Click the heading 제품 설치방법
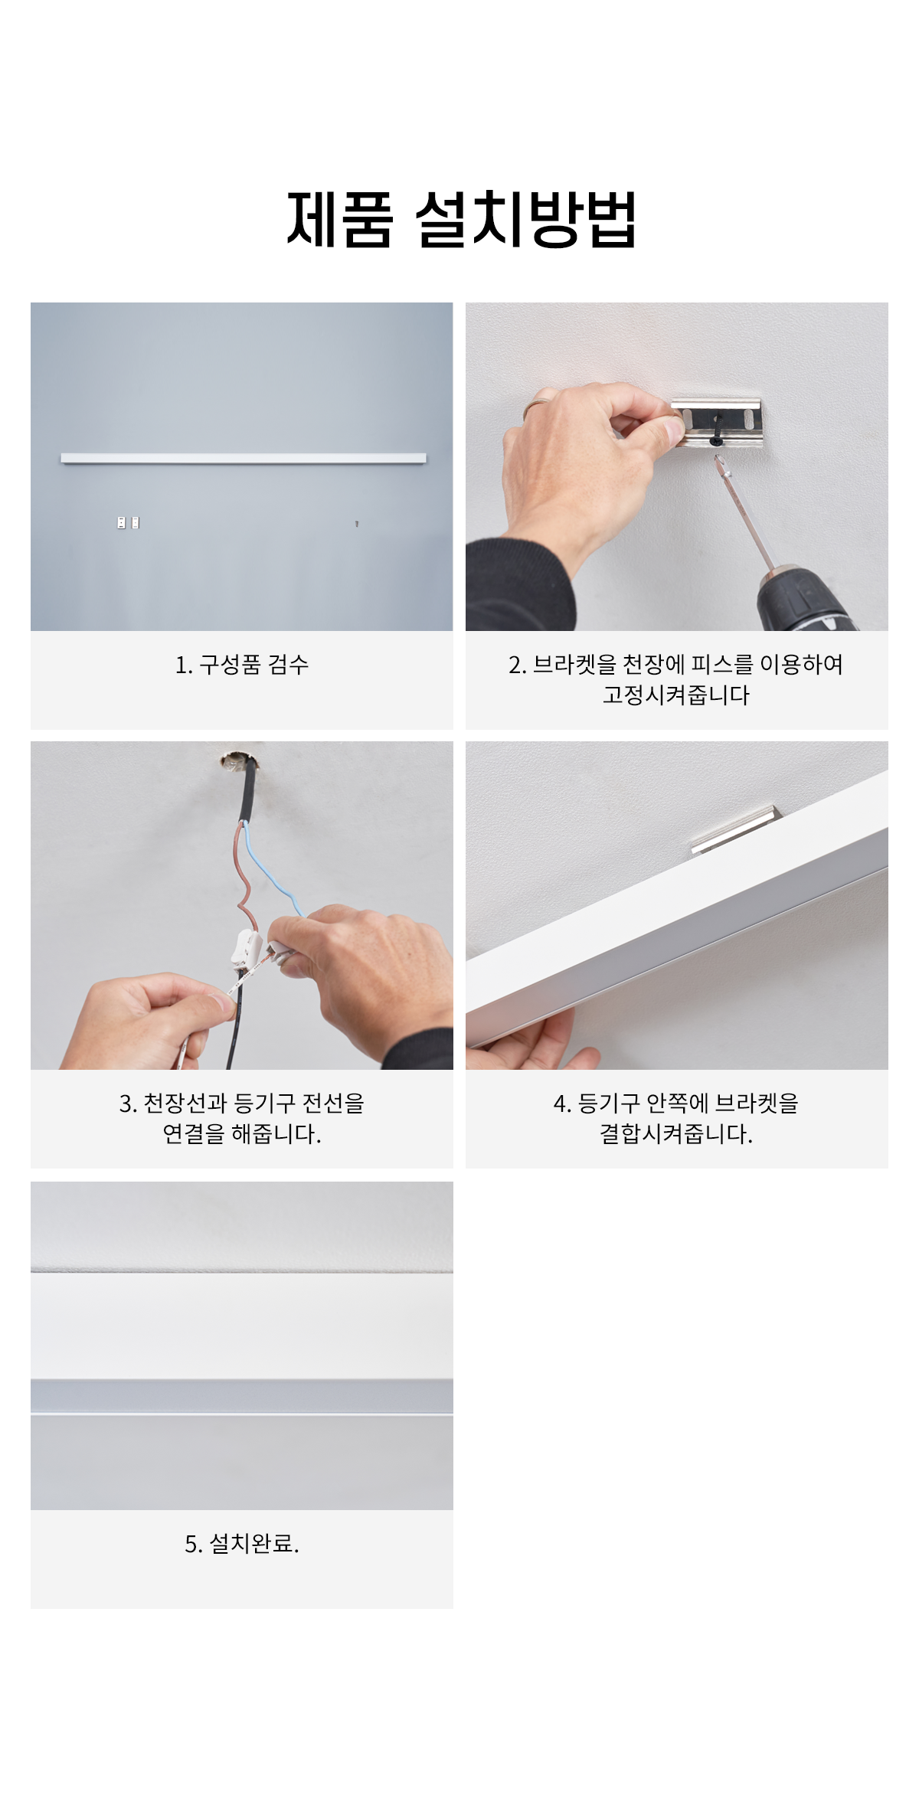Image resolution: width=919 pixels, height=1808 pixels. pos(461,219)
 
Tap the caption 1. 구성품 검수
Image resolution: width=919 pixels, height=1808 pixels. pos(242,665)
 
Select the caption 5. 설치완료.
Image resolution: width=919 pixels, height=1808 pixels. pos(242,1544)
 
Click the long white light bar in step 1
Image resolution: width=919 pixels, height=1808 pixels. pos(244,459)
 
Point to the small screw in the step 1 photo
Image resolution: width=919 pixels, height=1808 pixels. pos(357,524)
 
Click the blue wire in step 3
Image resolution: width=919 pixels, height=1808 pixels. pos(272,869)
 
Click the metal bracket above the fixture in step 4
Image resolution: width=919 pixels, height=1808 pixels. pos(734,828)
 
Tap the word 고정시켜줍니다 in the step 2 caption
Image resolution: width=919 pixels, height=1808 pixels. pos(676,695)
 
